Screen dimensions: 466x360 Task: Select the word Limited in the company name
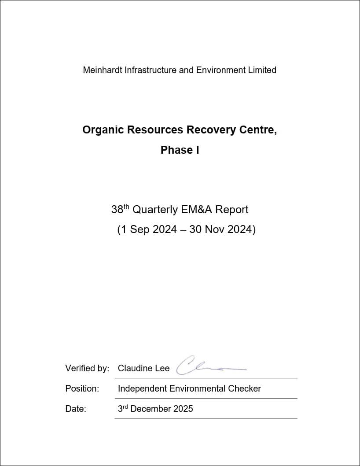pyautogui.click(x=262, y=70)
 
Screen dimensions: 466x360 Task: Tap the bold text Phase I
pyautogui.click(x=180, y=150)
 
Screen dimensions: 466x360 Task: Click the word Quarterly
pyautogui.click(x=155, y=210)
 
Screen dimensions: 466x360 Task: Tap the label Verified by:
pyautogui.click(x=87, y=369)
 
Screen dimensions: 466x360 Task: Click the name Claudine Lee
pyautogui.click(x=143, y=369)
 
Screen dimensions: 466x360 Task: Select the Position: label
pyautogui.click(x=82, y=389)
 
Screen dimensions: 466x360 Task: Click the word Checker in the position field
pyautogui.click(x=244, y=389)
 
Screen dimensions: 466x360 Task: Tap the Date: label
pyautogui.click(x=76, y=409)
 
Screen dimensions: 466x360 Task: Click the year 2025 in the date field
pyautogui.click(x=183, y=409)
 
